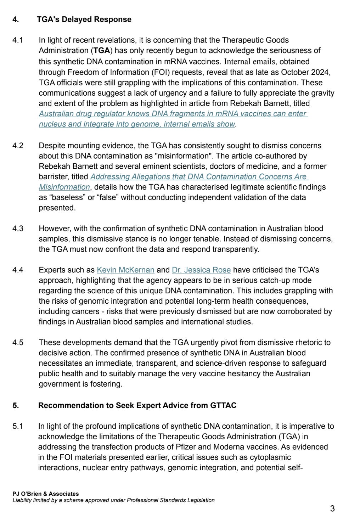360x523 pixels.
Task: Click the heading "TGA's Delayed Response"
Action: [84, 19]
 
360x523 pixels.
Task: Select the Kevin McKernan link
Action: [125, 270]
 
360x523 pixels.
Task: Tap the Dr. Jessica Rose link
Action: [201, 270]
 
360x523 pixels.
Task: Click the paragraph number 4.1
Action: [18, 40]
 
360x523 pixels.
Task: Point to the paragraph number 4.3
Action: [18, 229]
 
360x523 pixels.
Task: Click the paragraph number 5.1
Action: [18, 426]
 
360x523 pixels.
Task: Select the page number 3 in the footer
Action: [332, 509]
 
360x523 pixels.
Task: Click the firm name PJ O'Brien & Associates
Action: [46, 494]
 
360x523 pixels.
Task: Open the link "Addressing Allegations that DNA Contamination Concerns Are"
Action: [199, 176]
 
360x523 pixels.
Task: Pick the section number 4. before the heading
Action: [16, 19]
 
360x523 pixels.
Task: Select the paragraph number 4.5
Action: [18, 343]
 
